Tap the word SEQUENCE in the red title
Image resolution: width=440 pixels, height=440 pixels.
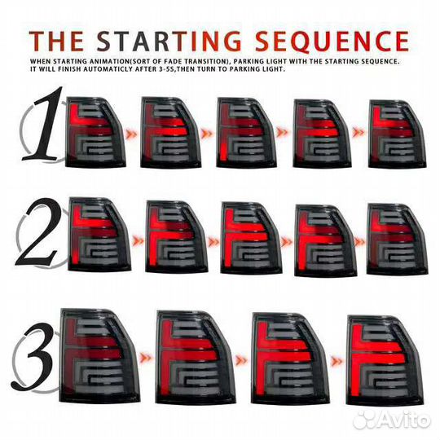332,41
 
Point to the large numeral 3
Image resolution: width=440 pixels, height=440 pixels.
33,356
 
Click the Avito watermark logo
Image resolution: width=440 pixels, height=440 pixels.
392,420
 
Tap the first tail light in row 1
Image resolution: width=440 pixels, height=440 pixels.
95,132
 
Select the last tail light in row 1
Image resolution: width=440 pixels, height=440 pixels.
397,134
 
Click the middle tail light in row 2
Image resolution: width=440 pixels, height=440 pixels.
251,237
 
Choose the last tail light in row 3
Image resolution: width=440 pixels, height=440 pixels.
385,360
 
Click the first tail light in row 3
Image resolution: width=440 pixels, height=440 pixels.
99,356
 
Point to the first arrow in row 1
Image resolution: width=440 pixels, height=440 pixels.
131,134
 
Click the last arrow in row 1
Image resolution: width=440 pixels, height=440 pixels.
359,132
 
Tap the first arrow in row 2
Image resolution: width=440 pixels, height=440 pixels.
138,240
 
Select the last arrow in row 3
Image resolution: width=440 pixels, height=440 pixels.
337,362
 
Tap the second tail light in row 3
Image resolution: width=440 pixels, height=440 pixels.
194,358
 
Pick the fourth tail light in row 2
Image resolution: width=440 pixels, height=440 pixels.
325,240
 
